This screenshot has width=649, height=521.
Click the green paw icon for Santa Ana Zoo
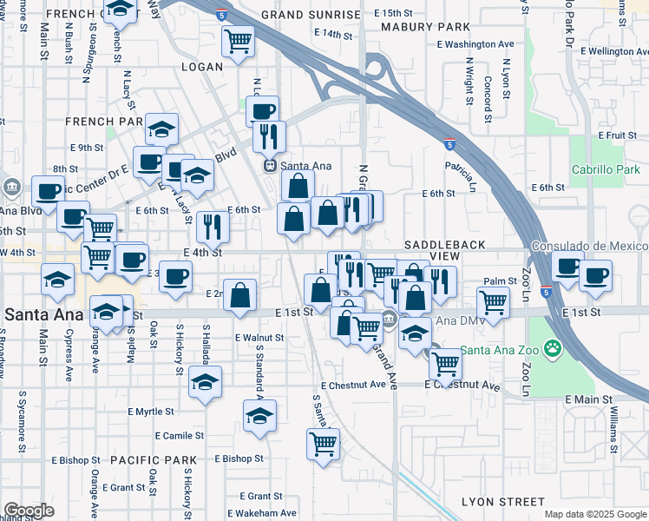553,350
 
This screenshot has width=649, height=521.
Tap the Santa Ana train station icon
270,165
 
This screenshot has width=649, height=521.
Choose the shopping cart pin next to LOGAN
238,40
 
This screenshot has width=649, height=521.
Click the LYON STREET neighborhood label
503,502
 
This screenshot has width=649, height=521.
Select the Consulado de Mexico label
589,247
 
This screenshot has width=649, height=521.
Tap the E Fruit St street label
618,135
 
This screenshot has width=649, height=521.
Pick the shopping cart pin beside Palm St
493,304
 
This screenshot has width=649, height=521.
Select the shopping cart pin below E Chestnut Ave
323,444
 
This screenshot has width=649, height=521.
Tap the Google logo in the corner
29,511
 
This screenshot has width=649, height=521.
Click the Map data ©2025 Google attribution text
595,514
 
